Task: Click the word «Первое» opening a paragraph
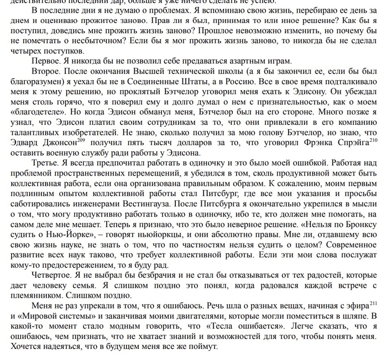47,61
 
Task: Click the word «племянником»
34,297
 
